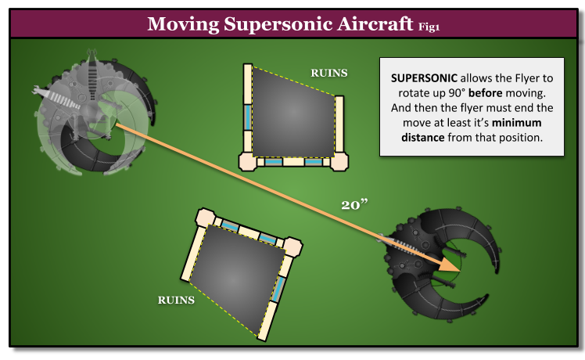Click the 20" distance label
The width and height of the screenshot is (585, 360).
click(354, 205)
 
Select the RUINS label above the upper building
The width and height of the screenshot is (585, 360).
click(329, 73)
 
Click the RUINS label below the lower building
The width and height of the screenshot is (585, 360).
click(176, 300)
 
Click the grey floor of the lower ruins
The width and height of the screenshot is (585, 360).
click(235, 274)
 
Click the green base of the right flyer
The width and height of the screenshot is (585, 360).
click(451, 261)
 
